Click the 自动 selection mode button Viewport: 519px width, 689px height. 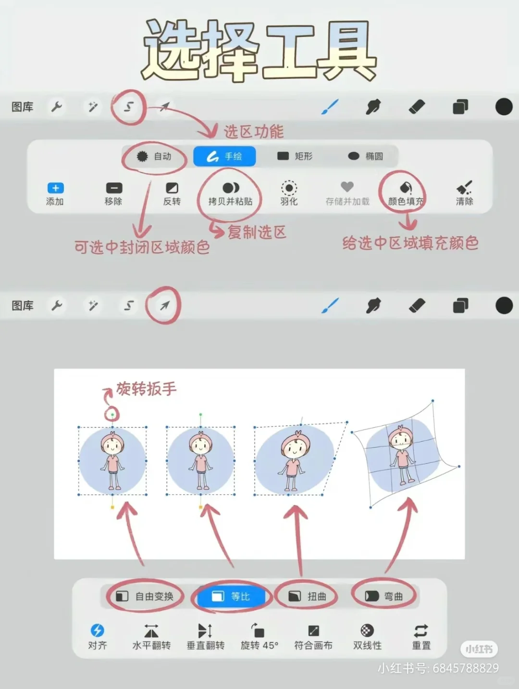[154, 156]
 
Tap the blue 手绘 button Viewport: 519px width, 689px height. [224, 156]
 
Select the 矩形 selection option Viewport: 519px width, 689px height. [295, 156]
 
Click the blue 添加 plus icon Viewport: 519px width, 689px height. [55, 188]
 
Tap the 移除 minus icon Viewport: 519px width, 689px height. [114, 188]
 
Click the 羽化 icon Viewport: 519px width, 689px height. [289, 188]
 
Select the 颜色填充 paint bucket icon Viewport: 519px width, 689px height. [406, 188]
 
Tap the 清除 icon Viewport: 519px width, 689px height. [464, 188]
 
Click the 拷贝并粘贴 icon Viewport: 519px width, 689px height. [230, 188]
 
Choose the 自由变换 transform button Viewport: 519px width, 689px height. [145, 597]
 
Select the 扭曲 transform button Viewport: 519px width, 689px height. [307, 597]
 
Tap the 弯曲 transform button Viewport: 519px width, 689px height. [384, 597]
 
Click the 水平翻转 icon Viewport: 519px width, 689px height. [151, 631]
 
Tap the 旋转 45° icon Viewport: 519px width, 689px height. [259, 631]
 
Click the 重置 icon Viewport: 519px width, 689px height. [421, 631]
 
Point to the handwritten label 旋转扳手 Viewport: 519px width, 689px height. [146, 389]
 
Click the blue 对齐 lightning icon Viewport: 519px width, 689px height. [98, 630]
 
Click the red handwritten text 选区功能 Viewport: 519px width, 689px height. [254, 132]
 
